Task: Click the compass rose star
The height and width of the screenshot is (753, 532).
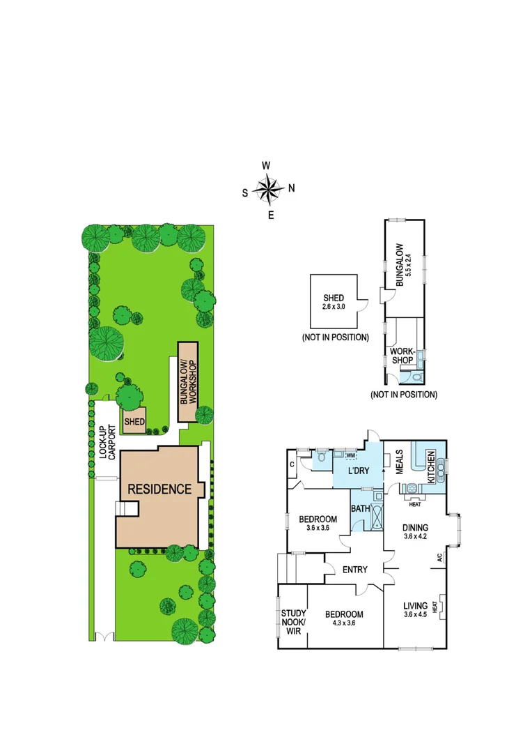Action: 268,189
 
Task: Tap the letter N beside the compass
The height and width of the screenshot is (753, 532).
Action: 292,188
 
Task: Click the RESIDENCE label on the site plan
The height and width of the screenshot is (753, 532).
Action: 159,489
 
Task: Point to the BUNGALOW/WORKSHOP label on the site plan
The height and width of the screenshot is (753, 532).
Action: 187,382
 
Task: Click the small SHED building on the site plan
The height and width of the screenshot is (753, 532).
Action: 134,421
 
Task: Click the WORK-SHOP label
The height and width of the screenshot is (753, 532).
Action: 402,356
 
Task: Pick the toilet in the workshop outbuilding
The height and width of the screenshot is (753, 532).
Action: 417,376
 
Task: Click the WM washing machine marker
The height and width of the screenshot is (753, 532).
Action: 350,455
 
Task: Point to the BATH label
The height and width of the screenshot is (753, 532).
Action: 360,509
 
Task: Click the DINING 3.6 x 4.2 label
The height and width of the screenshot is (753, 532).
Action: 414,532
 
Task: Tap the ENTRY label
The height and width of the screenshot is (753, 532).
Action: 354,570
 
